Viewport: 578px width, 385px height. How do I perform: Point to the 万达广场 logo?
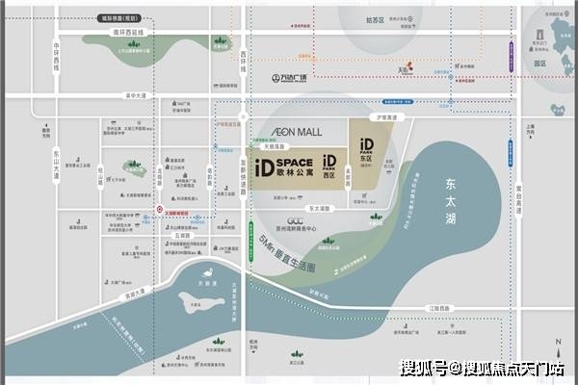288,79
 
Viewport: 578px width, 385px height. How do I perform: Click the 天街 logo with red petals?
406,69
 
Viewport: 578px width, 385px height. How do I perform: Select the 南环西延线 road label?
126,33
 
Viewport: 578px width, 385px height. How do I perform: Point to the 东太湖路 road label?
318,207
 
